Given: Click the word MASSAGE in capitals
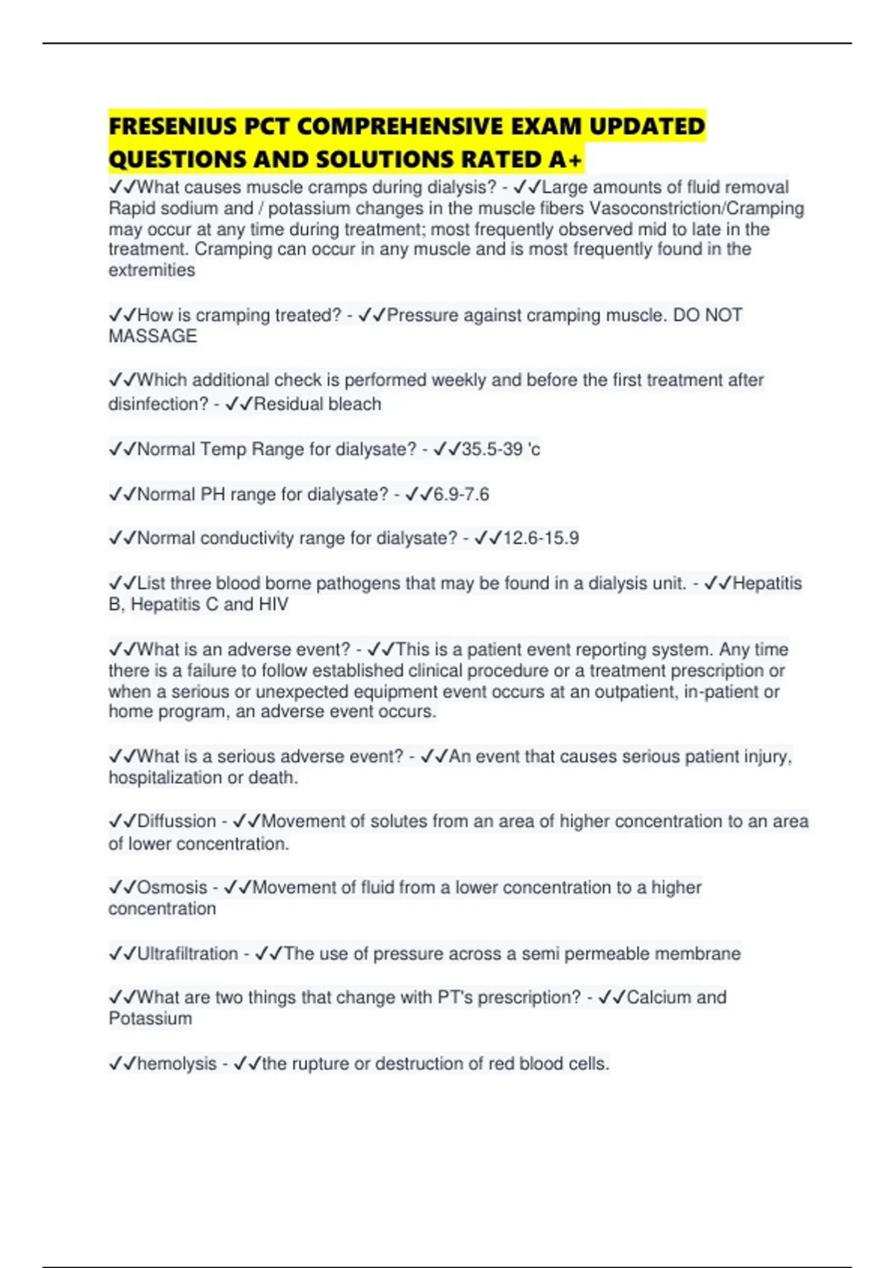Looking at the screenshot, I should [x=153, y=336].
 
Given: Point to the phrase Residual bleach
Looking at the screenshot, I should [x=318, y=404].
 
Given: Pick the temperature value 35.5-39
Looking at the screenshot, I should [x=492, y=449].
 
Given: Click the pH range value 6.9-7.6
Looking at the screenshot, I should [x=461, y=495].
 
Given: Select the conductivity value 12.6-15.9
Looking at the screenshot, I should [x=541, y=538].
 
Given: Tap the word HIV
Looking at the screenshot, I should [x=273, y=604].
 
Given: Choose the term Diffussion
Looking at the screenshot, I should [x=177, y=821].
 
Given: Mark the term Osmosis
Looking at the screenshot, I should [x=172, y=888].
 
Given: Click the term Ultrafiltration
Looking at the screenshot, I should [x=187, y=953].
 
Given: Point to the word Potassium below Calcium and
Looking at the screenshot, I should [x=151, y=1019].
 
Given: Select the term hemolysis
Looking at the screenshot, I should [x=177, y=1064].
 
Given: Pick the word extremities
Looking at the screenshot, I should [x=152, y=270].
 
